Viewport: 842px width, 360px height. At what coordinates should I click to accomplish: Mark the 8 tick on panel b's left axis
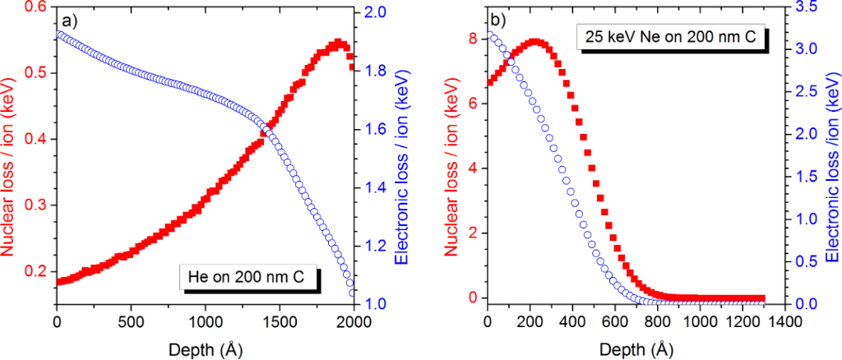[472, 39]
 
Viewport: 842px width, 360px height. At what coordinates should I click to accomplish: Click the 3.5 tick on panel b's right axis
[806, 7]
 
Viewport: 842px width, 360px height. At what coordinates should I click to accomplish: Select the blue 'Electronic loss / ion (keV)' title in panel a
[402, 156]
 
